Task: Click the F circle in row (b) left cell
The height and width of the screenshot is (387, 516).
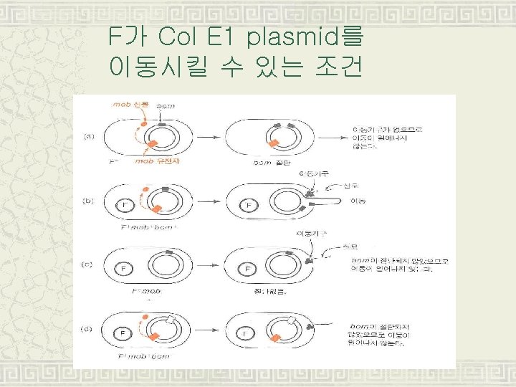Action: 126,206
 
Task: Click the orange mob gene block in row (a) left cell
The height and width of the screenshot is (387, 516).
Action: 152,146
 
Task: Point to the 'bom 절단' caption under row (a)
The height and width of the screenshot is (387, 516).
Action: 271,163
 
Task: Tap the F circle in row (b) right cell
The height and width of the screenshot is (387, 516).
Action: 249,206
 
